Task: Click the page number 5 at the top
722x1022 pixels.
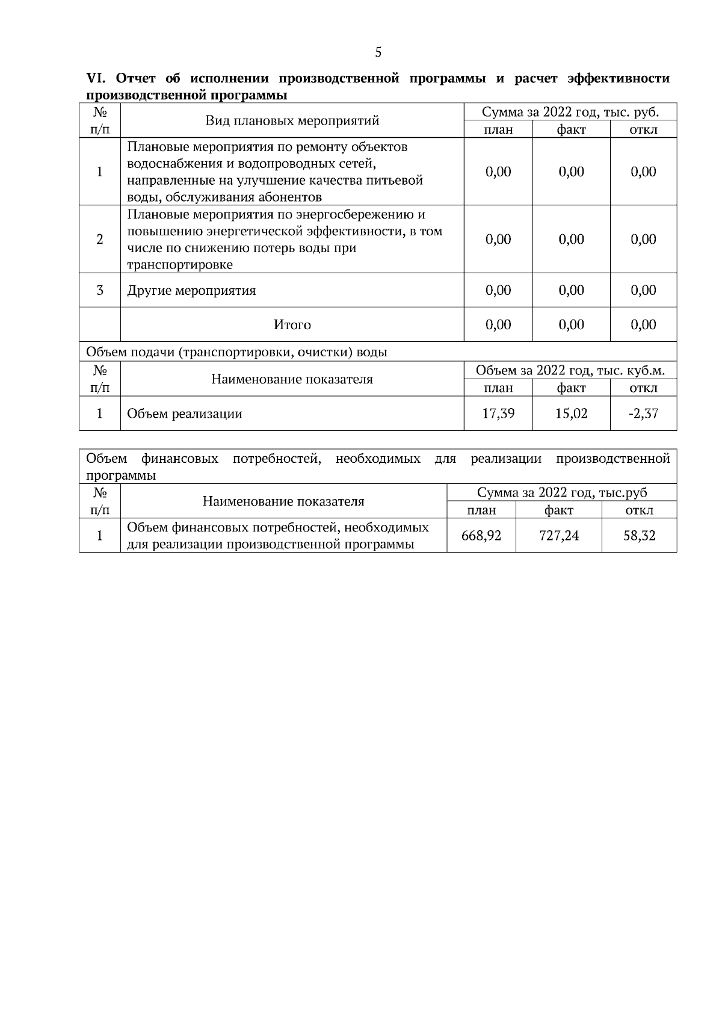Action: (x=378, y=52)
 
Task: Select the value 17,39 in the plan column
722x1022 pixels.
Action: (x=498, y=413)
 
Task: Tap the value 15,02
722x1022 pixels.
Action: (x=571, y=413)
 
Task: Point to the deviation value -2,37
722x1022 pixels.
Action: (x=643, y=413)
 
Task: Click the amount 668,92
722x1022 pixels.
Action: (x=481, y=535)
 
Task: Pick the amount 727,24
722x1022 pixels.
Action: (x=559, y=535)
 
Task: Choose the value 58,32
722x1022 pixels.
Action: (x=639, y=535)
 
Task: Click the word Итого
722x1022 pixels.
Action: (x=292, y=325)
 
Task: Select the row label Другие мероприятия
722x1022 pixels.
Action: (x=191, y=291)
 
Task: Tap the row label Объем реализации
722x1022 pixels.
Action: (x=185, y=413)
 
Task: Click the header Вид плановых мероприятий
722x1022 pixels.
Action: (x=292, y=121)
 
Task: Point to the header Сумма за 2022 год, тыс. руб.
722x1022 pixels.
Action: (x=570, y=113)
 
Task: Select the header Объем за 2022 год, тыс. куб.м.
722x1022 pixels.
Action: (x=570, y=370)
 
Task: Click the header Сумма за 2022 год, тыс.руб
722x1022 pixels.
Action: (x=562, y=493)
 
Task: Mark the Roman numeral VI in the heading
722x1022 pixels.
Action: (x=96, y=79)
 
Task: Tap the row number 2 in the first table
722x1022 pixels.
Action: (x=100, y=240)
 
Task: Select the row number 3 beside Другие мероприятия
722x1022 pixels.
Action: (x=100, y=291)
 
